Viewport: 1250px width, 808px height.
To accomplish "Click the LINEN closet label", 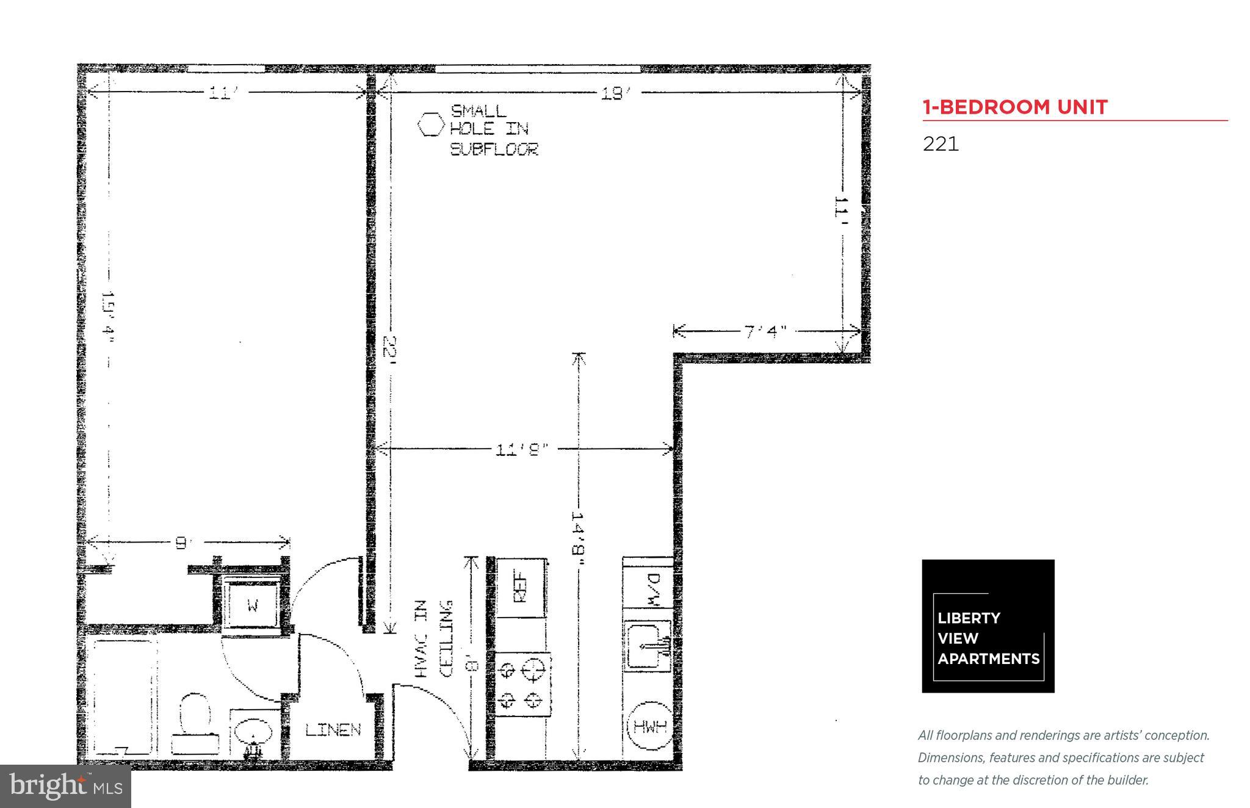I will pyautogui.click(x=333, y=729).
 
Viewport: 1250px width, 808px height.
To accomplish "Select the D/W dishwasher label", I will pyautogui.click(x=652, y=588).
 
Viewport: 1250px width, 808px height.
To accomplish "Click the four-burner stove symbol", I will pyautogui.click(x=522, y=684).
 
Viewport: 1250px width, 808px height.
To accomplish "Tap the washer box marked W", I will pyautogui.click(x=253, y=605).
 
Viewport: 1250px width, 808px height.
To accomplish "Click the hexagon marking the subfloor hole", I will pyautogui.click(x=432, y=124).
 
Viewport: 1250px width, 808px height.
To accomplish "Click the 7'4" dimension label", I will pyautogui.click(x=765, y=331).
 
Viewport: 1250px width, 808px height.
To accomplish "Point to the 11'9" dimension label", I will pyautogui.click(x=522, y=450).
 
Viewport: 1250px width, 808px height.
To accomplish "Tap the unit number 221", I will pyautogui.click(x=941, y=144).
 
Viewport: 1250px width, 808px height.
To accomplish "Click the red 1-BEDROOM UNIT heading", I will pyautogui.click(x=1014, y=107).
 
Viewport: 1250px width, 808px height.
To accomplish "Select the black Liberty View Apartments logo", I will pyautogui.click(x=988, y=626).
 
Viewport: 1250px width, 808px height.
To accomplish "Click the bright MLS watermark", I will pyautogui.click(x=65, y=786).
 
